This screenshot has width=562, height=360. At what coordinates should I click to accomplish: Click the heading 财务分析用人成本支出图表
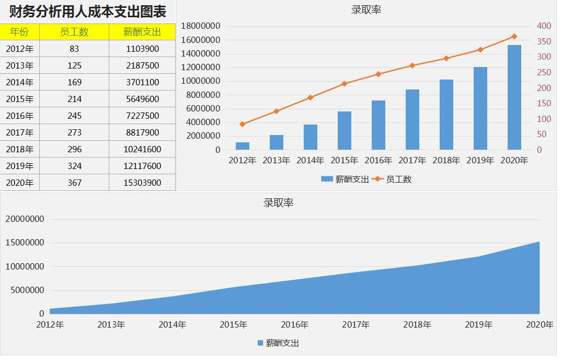coord(88,11)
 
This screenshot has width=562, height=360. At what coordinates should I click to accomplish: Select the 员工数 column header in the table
coord(74,32)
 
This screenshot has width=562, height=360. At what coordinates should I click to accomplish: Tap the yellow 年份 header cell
coord(20,32)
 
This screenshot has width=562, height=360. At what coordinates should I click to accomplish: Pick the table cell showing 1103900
coord(143,49)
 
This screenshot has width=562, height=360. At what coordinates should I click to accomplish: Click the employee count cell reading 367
coord(74,183)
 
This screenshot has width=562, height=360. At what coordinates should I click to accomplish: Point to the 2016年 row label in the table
coord(20,116)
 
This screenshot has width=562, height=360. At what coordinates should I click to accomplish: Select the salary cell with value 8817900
coord(143,132)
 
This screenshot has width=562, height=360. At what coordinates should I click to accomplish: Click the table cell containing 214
coord(74,99)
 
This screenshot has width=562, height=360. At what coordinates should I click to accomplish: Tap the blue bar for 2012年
coord(242,146)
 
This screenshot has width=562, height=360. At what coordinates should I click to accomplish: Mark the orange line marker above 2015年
coord(344,84)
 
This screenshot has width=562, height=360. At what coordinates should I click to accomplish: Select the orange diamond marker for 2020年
coord(514,36)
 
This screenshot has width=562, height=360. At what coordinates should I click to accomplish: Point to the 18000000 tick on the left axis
coord(200,26)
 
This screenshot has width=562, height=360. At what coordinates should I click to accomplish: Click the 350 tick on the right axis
coord(544,41)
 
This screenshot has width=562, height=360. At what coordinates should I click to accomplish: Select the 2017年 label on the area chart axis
coord(356,325)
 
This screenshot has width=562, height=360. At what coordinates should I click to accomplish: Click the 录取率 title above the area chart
coord(278,203)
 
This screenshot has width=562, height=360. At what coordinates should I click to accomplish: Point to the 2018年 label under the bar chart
coord(446,161)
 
